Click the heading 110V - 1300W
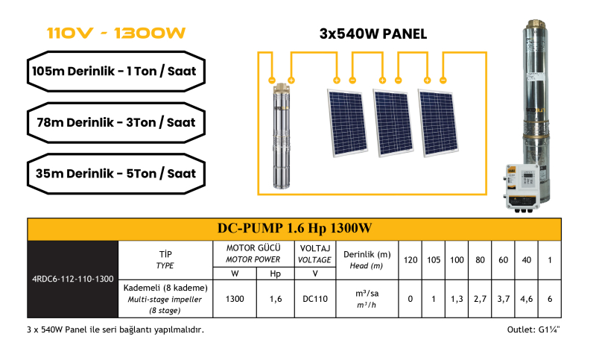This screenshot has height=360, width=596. [x=116, y=33]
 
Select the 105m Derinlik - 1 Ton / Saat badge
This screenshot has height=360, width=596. [x=116, y=71]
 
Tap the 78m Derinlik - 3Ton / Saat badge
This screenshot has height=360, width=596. [x=116, y=122]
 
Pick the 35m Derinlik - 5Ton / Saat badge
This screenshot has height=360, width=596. [x=116, y=174]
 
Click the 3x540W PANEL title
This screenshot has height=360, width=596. [x=373, y=34]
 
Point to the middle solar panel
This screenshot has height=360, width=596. [x=393, y=123]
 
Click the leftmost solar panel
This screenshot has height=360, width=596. [x=347, y=123]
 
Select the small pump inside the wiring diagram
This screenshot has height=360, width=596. [x=282, y=136]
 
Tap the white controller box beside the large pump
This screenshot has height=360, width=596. [x=523, y=187]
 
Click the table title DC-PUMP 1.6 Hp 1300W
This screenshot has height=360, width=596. [x=294, y=228]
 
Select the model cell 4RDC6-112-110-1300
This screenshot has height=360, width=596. [x=72, y=279]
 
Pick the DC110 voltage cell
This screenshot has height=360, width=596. [x=315, y=299]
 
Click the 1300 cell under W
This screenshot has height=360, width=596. [x=235, y=299]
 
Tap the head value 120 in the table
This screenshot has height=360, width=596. [x=410, y=260]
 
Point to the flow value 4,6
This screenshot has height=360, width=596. [x=527, y=299]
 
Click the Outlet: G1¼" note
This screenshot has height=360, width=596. [x=533, y=329]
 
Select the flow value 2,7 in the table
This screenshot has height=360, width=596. [x=480, y=299]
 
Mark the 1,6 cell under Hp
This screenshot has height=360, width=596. [x=276, y=299]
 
